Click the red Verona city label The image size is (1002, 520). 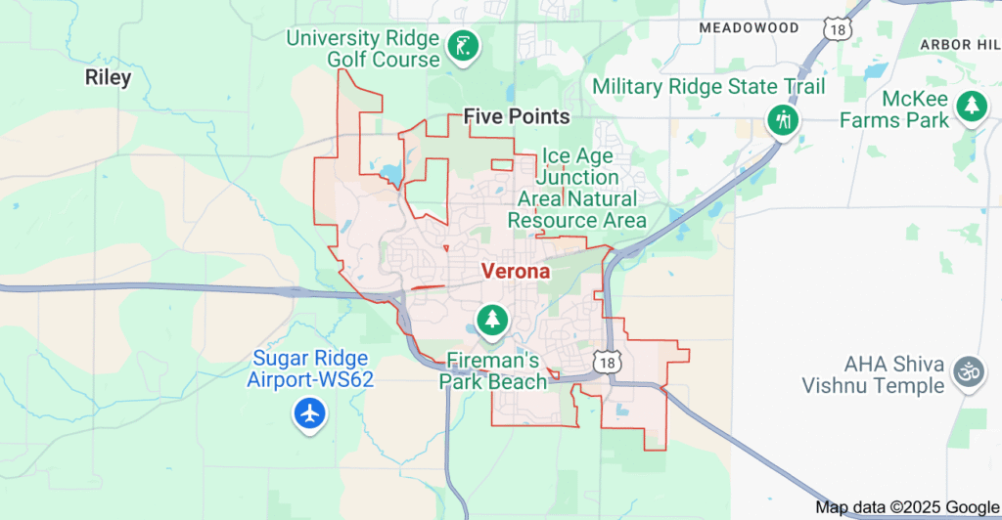515,272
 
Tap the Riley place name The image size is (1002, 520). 108,77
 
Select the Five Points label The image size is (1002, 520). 517,116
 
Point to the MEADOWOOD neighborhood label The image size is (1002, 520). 750,28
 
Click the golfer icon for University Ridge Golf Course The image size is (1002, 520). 462,45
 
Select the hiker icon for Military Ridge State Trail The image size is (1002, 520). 783,120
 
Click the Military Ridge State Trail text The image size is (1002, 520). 708,87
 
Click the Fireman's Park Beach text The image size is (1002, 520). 491,369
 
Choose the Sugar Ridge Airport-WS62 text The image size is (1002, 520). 310,368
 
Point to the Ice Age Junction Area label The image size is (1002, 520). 577,188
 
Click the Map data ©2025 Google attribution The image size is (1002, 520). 906,507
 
